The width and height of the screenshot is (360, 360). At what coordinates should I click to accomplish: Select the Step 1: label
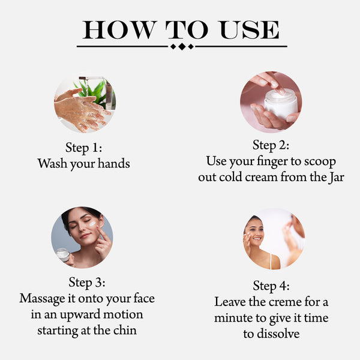tap(83, 148)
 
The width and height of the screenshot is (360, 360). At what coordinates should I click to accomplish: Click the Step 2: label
tap(271, 145)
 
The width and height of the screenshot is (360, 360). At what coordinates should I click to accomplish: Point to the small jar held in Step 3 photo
tap(63, 254)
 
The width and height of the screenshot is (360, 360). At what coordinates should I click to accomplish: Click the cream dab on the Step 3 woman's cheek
tap(93, 224)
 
